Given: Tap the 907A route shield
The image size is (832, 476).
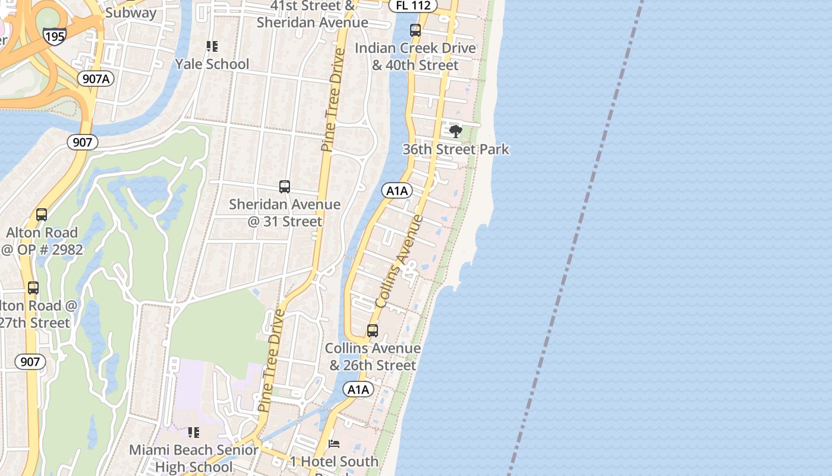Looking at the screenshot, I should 95,78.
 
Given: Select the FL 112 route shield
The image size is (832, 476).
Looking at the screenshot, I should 412,5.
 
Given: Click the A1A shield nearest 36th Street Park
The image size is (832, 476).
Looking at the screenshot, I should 396,190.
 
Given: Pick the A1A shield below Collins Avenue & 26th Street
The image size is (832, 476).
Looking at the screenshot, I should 358,390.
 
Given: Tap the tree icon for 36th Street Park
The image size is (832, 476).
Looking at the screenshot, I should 456,131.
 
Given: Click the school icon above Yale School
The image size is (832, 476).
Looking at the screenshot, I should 212,46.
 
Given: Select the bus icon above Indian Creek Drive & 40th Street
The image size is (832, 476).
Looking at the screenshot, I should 415,30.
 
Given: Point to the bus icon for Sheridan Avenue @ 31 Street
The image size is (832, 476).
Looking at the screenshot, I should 285,187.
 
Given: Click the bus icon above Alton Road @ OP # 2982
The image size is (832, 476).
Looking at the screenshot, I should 42,214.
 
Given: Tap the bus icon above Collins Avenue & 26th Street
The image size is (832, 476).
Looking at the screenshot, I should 373,330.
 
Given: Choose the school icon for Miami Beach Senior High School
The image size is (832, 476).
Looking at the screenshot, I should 194,432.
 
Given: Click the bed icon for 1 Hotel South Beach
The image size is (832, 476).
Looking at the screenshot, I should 334,444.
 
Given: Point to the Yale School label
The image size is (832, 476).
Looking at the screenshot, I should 212,64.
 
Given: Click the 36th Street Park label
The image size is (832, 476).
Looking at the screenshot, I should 456,149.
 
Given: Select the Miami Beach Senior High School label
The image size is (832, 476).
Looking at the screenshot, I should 194,458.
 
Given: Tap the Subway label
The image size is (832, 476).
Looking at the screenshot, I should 131,12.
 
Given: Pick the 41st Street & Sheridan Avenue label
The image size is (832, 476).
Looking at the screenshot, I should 313,14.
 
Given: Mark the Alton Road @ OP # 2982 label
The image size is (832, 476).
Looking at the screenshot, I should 42,240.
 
